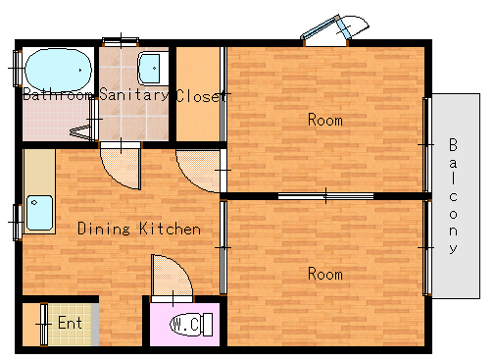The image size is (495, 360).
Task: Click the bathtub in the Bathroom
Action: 58,70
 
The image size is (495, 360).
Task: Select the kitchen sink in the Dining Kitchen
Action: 39,213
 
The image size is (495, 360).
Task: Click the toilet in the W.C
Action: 191,324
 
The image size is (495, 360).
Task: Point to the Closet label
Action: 201,96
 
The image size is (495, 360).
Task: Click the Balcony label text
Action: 453,195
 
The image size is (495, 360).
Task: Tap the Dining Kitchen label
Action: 139,229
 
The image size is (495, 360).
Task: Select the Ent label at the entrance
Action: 70,323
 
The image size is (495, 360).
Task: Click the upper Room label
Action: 325,120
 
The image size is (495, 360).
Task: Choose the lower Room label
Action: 325,274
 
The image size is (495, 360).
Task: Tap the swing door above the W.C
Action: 172,278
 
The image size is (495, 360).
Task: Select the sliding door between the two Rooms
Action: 325,196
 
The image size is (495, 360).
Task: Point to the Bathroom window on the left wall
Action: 17,69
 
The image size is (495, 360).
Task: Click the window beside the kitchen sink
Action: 18,223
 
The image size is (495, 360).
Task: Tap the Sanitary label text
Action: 133,94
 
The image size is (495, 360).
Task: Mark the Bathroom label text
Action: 58,94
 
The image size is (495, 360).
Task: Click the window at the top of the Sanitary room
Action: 121,42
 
